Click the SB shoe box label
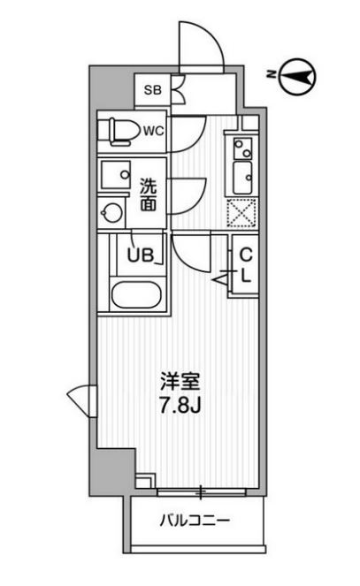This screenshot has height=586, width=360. pos(153,90)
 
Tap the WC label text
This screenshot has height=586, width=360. pos(154,131)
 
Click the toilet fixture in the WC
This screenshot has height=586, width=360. pos(117,132)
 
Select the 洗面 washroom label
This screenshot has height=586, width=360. pos(148,195)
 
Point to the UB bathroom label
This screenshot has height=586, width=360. pos(141,255)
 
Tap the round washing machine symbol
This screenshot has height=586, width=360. pos(111,213)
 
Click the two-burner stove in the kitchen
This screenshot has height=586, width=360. pos(242,148)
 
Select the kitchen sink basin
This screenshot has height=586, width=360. pos(242,178)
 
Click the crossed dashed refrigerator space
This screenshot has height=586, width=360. pos(242,213)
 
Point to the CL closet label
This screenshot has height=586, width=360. pos(245,265)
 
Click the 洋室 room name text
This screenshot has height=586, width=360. pos(180,382)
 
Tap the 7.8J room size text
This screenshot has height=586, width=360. pos(180,405)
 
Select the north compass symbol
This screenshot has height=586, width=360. pos(297,77)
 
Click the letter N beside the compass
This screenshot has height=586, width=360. pos(272,74)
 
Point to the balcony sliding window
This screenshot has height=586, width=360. pos(201,492)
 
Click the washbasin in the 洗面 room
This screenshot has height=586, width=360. pos(116,174)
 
